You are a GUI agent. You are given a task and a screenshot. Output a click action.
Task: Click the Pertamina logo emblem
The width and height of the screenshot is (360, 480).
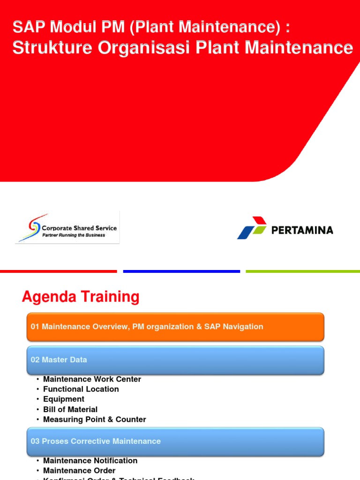pyautogui.click(x=252, y=228)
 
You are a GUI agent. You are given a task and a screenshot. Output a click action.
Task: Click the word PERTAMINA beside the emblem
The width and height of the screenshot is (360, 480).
pyautogui.click(x=302, y=230)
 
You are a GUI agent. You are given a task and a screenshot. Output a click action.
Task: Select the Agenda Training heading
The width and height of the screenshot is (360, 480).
pyautogui.click(x=81, y=297)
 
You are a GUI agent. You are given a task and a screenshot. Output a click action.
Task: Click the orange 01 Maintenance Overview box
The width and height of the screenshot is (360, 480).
pyautogui.click(x=175, y=327)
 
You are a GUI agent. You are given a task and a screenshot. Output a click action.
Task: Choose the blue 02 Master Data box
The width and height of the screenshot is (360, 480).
pyautogui.click(x=175, y=360)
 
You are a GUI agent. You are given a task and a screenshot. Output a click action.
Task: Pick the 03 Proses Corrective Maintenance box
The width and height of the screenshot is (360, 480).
pyautogui.click(x=175, y=441)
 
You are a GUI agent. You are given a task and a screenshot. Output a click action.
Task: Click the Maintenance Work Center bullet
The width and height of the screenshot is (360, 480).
pyautogui.click(x=92, y=379)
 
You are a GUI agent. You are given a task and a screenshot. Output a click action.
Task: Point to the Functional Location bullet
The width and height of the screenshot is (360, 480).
pyautogui.click(x=81, y=389)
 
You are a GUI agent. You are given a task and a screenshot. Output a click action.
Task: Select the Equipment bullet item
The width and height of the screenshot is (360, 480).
pyautogui.click(x=64, y=399)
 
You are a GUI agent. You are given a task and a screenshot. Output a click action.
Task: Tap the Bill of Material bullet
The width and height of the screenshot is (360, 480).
pyautogui.click(x=70, y=410)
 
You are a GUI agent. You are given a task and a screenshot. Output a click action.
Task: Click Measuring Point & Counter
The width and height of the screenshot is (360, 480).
pyautogui.click(x=94, y=420)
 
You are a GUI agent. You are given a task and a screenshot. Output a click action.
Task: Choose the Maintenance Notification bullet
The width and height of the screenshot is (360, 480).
pyautogui.click(x=90, y=461)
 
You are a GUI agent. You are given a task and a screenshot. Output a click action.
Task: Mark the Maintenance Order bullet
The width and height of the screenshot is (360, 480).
pyautogui.click(x=79, y=471)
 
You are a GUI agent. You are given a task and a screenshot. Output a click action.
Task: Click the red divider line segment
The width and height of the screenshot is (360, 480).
pyautogui.click(x=58, y=271)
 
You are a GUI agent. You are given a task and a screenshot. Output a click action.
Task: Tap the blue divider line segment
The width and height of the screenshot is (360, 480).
pyautogui.click(x=181, y=271)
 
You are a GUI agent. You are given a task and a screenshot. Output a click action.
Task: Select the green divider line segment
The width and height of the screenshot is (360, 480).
pyautogui.click(x=303, y=271)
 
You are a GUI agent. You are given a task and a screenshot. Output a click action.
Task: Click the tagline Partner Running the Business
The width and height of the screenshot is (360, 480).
pyautogui.click(x=74, y=235)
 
